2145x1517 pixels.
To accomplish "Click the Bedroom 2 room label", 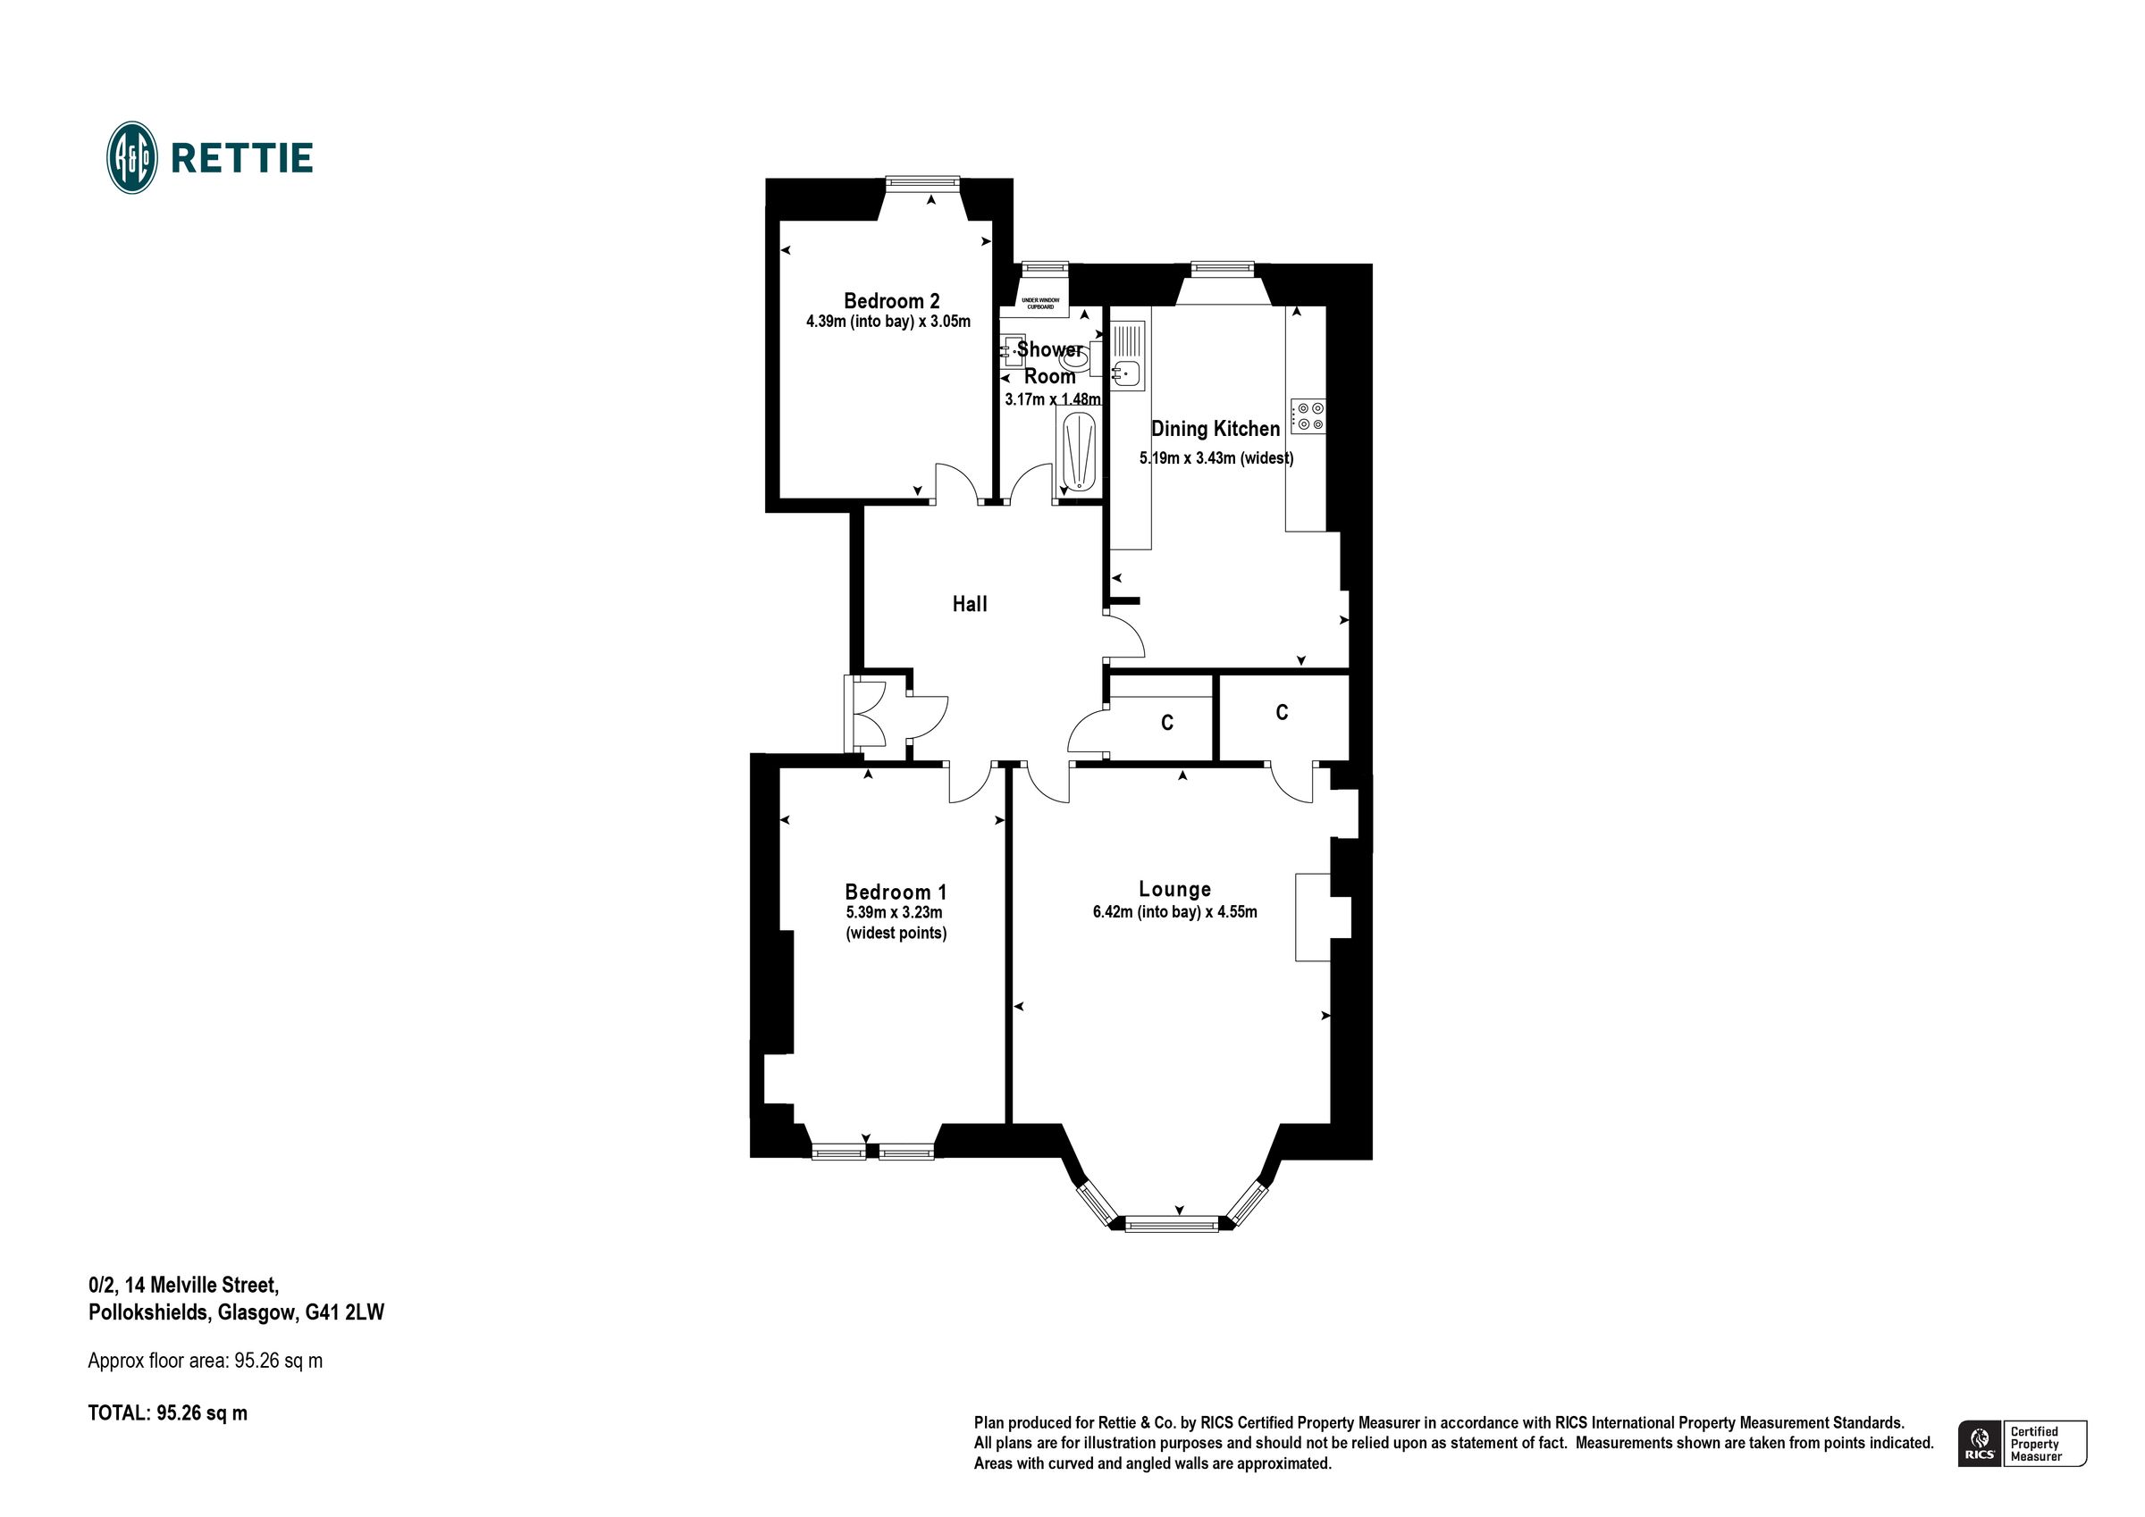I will [890, 301].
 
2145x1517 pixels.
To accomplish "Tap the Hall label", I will [969, 604].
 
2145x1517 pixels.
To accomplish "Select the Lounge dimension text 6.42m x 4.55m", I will [1174, 911].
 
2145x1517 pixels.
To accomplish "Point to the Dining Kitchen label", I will [1215, 429].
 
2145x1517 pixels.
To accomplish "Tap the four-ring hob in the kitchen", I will [1307, 415].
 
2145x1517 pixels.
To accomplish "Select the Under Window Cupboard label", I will [1039, 304].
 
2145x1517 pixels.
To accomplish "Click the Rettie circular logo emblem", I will [131, 158].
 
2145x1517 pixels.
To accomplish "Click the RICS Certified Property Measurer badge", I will [2021, 1443].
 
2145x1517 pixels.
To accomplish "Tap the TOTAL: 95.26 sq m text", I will [168, 1412].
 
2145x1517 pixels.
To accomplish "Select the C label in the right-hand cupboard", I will [1282, 713].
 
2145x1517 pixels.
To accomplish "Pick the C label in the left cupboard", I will [1167, 723].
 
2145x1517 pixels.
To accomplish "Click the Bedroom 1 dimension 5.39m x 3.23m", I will [893, 913].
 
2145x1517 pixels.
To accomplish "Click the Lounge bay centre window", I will [1172, 1224].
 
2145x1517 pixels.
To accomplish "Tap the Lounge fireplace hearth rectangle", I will [1312, 918].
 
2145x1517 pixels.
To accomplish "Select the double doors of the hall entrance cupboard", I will [867, 715].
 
